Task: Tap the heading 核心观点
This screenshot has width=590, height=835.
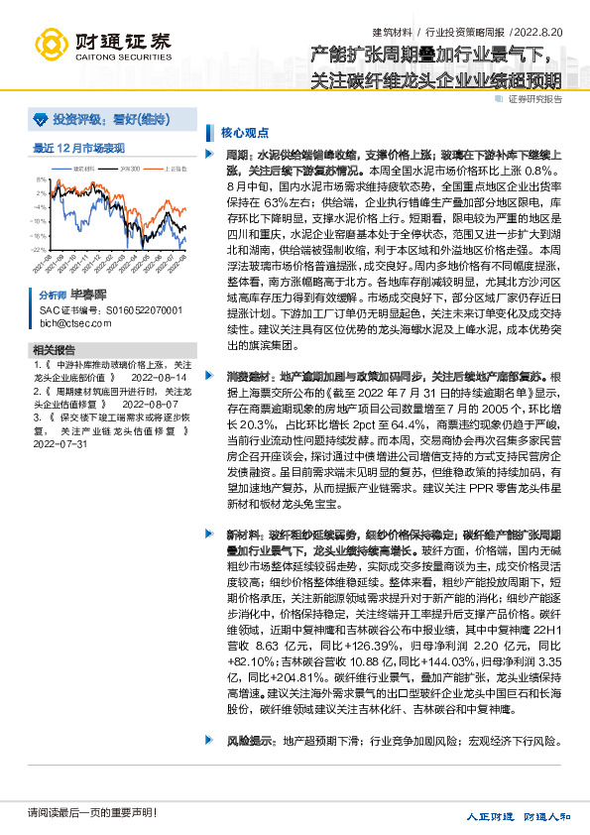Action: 242,131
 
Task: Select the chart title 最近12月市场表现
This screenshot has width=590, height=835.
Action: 79,148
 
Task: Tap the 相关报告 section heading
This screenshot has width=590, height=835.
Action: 54,350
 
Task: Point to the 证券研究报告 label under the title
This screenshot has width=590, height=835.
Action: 535,99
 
